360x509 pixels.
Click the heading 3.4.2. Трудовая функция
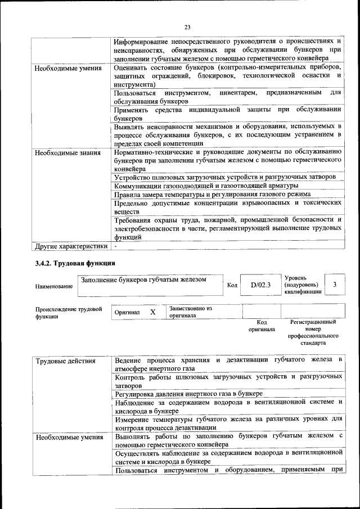(x=75, y=263)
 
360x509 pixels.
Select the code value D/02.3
(x=260, y=285)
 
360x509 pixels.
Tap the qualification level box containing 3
(x=335, y=285)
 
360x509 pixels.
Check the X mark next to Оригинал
(x=152, y=312)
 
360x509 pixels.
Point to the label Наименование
(x=54, y=287)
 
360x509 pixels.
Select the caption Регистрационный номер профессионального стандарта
(x=313, y=332)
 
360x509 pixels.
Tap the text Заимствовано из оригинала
(x=190, y=312)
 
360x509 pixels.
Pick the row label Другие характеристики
(x=71, y=246)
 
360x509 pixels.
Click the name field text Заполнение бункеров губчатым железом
(x=143, y=280)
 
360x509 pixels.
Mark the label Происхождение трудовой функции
(x=68, y=313)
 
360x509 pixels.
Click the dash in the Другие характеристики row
(x=115, y=246)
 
